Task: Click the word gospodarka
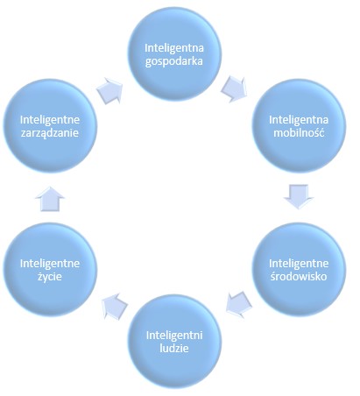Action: pyautogui.click(x=174, y=62)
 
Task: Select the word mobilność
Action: pyautogui.click(x=299, y=133)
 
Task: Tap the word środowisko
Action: pyautogui.click(x=299, y=276)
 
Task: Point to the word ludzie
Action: pyautogui.click(x=174, y=348)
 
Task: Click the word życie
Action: pyautogui.click(x=50, y=277)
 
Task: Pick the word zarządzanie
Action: pyautogui.click(x=50, y=133)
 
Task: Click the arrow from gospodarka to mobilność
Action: pyautogui.click(x=234, y=88)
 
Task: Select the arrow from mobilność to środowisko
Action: pyautogui.click(x=299, y=196)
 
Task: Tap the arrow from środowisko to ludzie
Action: pyautogui.click(x=239, y=304)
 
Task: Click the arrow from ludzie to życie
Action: pyautogui.click(x=114, y=306)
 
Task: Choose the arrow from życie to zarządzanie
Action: pyautogui.click(x=50, y=199)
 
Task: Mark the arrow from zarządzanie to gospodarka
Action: pyautogui.click(x=109, y=90)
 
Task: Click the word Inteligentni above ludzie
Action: pyautogui.click(x=174, y=336)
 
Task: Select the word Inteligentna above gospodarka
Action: pyautogui.click(x=174, y=48)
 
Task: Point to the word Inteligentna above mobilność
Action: pyautogui.click(x=299, y=119)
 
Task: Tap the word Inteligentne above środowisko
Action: pyautogui.click(x=299, y=264)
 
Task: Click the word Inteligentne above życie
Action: pyautogui.click(x=50, y=264)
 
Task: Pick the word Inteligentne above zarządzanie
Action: pyautogui.click(x=50, y=119)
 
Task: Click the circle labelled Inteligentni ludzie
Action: pyautogui.click(x=174, y=342)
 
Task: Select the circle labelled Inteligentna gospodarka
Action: pyautogui.click(x=174, y=54)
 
